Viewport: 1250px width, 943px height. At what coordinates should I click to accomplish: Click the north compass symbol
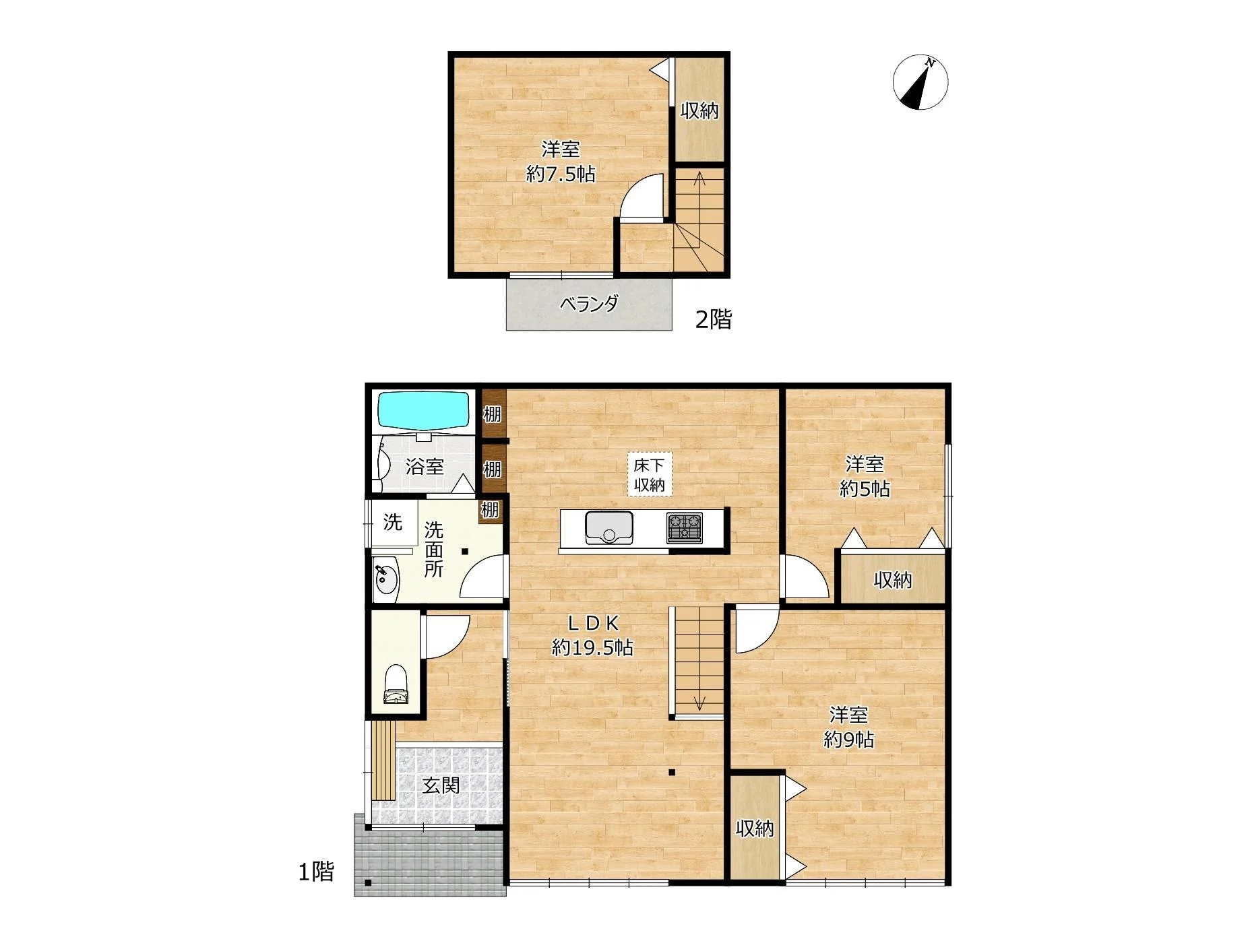point(920,82)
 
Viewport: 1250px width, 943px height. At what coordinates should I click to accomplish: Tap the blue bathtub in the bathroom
point(423,410)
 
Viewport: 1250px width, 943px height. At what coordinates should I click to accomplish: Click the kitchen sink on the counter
point(609,527)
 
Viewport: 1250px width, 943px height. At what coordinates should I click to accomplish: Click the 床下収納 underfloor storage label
point(650,474)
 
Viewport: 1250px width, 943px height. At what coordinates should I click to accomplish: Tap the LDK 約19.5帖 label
point(592,635)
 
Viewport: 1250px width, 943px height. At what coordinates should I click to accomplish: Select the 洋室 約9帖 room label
point(848,727)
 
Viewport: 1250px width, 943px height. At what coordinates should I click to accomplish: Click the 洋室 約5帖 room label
point(865,476)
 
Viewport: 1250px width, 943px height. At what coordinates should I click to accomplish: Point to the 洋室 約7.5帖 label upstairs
point(561,162)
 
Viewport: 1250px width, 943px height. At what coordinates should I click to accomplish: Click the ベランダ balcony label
point(589,304)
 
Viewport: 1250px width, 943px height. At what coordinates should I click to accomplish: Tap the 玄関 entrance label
point(441,785)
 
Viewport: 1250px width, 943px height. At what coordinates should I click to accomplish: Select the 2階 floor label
point(713,319)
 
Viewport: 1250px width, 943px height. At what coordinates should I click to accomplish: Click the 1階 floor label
point(316,872)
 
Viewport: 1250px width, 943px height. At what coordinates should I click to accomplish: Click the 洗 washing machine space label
point(392,522)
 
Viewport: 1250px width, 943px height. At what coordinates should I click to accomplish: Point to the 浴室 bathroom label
point(425,466)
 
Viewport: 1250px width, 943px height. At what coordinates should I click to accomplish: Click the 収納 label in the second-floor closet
point(699,110)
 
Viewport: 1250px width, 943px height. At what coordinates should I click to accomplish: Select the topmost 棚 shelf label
point(492,414)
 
